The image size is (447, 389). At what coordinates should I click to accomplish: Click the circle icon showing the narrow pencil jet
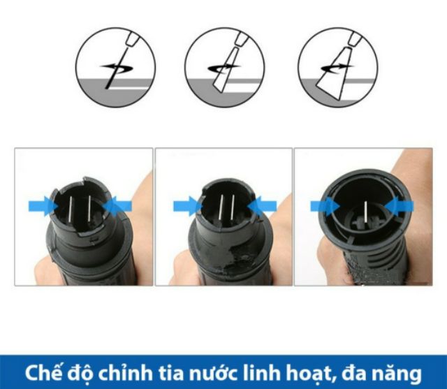pyautogui.click(x=115, y=68)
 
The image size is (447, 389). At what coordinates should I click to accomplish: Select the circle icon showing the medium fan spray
pyautogui.click(x=224, y=68)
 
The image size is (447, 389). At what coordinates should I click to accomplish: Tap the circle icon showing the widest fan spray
pyautogui.click(x=338, y=68)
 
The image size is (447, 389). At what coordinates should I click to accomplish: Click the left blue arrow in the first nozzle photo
pyautogui.click(x=43, y=206)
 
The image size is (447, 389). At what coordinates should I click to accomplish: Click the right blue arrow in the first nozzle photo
pyautogui.click(x=117, y=206)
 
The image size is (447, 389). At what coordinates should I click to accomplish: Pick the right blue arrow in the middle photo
pyautogui.click(x=262, y=206)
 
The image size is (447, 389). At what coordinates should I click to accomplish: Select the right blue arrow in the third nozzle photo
pyautogui.click(x=399, y=206)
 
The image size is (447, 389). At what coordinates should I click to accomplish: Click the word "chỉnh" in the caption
pyautogui.click(x=126, y=372)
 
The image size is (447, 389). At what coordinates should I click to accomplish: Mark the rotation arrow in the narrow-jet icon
pyautogui.click(x=116, y=67)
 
